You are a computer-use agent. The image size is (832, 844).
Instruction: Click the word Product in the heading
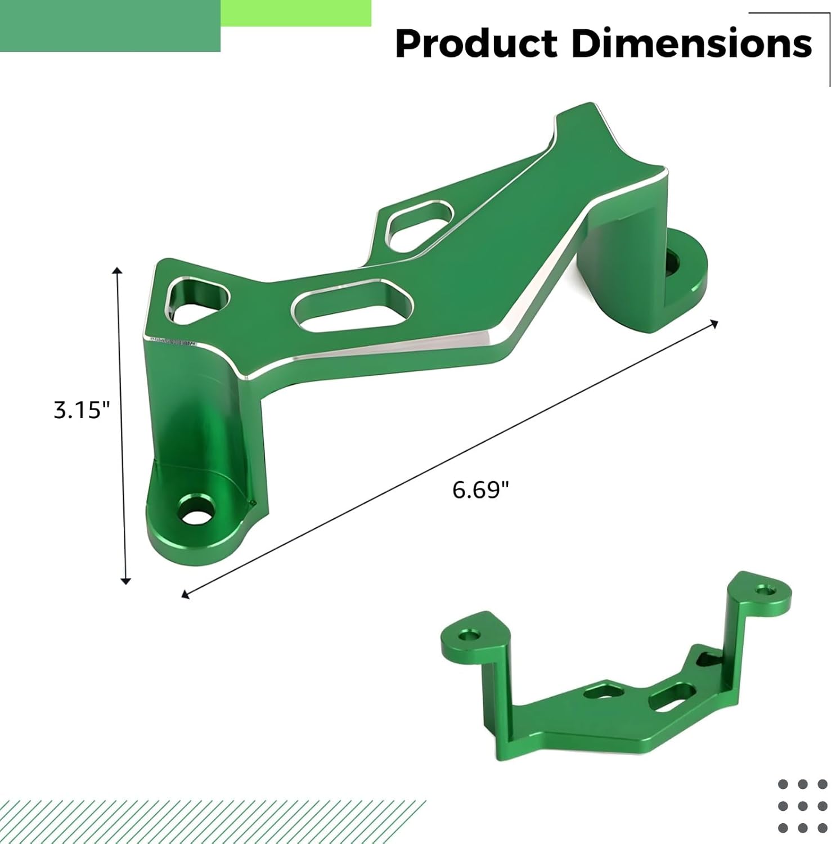476,43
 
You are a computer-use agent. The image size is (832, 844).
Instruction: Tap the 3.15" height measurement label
81,410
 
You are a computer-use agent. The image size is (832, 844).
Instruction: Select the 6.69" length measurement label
480,490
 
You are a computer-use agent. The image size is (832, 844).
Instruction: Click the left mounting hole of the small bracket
467,635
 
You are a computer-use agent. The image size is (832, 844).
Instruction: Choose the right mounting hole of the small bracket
763,591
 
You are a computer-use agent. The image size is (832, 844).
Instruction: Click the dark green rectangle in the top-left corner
110,26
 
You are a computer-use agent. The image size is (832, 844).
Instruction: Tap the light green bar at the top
296,13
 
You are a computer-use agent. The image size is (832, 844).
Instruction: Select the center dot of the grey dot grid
803,806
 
